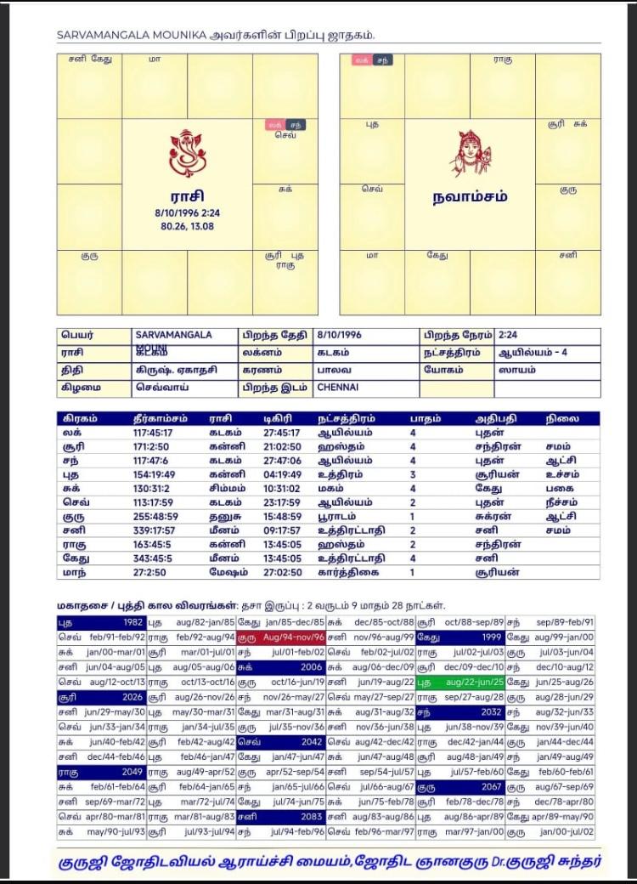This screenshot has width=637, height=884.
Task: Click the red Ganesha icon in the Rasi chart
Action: pos(187,152)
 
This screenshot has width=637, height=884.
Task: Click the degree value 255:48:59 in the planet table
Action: pos(153,516)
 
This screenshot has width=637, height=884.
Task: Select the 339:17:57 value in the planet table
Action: pos(153,530)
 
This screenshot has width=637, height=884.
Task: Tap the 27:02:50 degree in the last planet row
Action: pos(280,572)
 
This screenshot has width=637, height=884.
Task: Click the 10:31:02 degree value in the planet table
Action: pos(280,488)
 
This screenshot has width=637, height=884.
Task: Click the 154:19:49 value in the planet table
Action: pos(153,474)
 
